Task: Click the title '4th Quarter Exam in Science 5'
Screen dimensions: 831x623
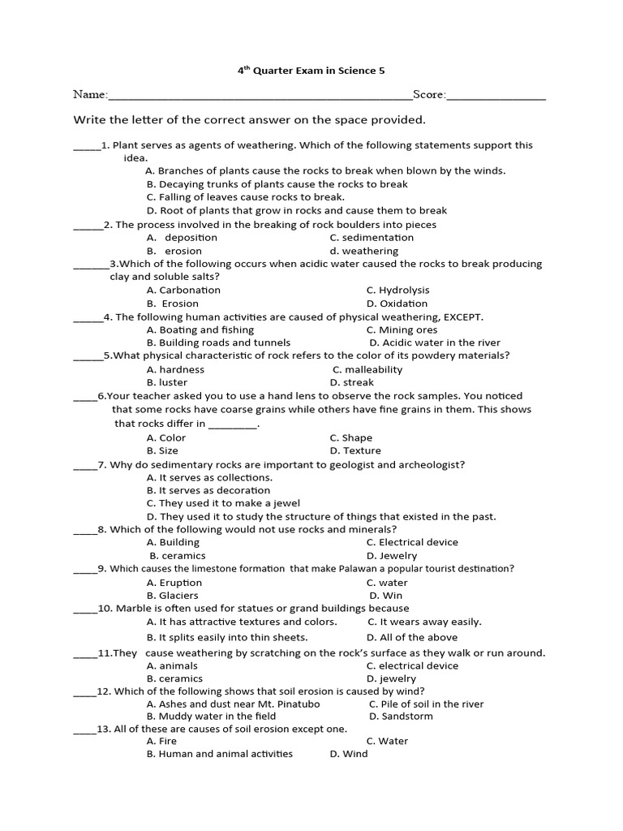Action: coord(311,71)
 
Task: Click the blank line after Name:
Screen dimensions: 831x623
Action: coord(260,97)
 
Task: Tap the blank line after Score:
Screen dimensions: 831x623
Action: coord(496,97)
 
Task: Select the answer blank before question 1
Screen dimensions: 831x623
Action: coord(86,148)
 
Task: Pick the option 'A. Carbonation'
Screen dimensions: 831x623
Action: coord(183,290)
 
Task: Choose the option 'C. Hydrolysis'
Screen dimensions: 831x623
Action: coord(397,290)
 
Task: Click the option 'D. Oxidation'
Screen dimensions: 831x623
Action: coord(397,304)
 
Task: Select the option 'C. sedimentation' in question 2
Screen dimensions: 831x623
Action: coord(372,238)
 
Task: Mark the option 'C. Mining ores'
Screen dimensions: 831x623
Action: coord(402,330)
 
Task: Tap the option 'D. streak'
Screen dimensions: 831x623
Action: coord(352,382)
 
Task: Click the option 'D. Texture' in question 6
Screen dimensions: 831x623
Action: coord(355,450)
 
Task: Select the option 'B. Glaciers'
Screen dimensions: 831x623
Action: coord(173,596)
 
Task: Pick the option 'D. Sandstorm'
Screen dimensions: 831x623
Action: coord(401,717)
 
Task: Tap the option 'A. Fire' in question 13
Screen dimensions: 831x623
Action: coord(161,741)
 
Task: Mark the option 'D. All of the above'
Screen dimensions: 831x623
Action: coord(411,637)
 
